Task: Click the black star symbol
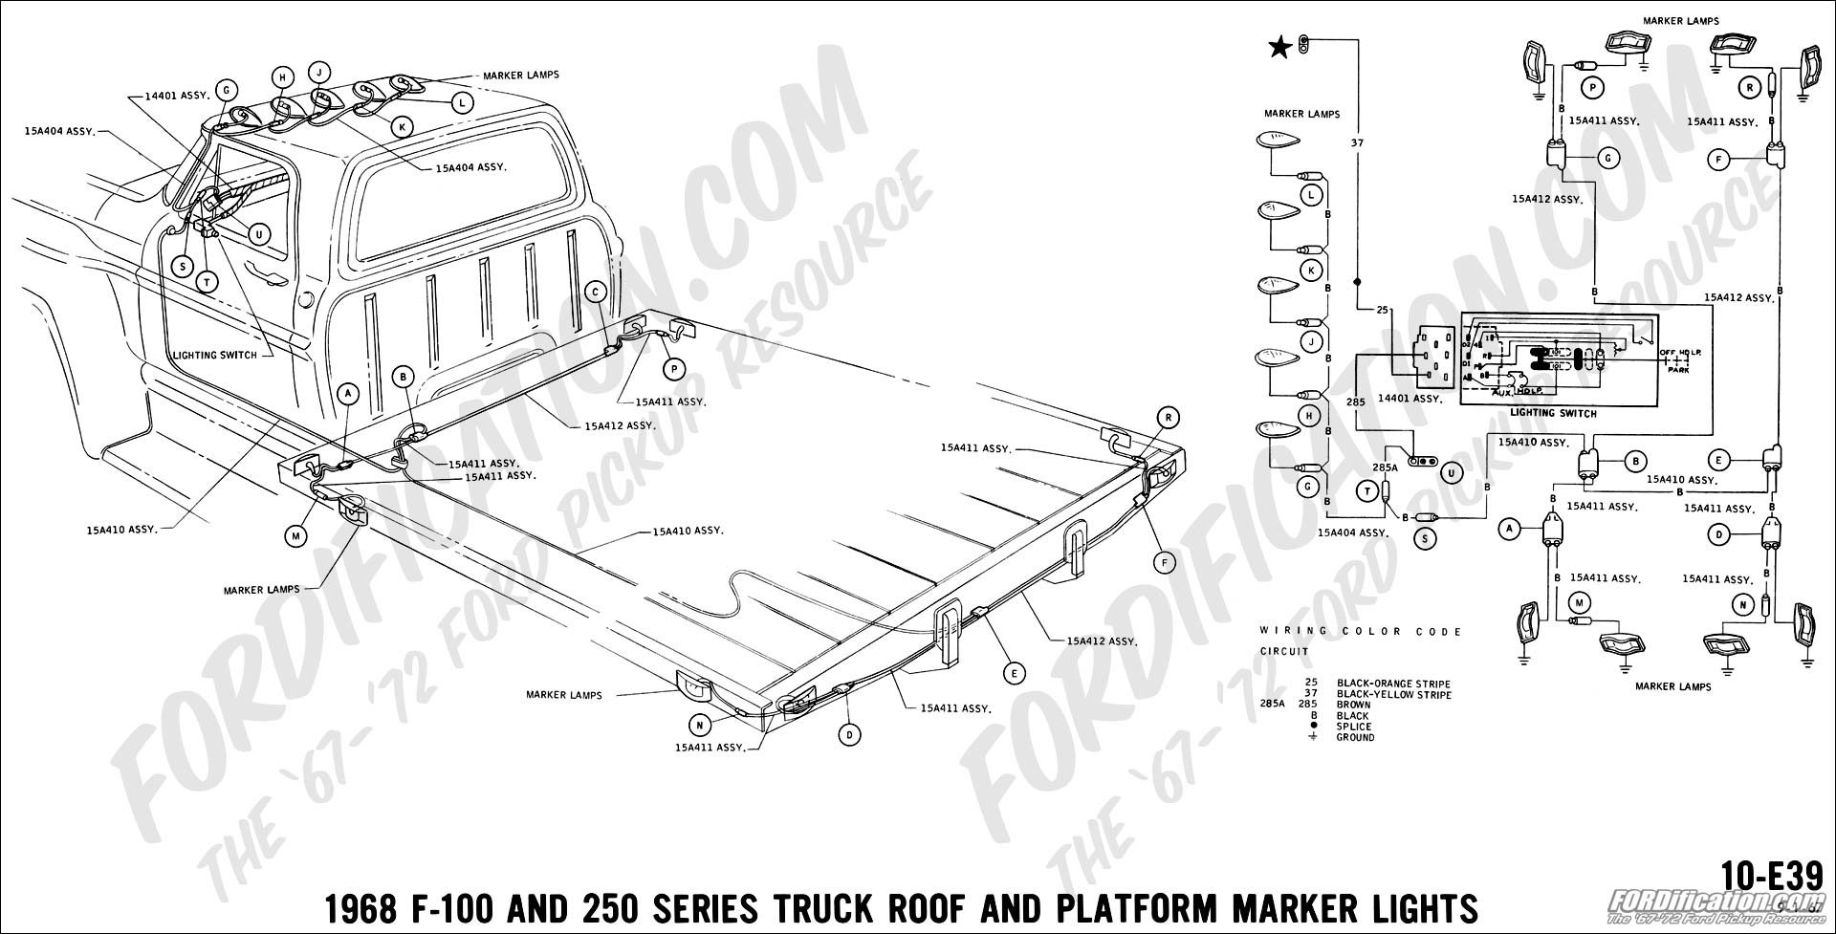coord(1277,45)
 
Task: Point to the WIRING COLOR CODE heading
coord(1361,632)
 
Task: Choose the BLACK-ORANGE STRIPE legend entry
coord(1393,684)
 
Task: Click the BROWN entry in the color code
coord(1353,706)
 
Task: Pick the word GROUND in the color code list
coord(1356,737)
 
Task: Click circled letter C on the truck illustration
coord(595,293)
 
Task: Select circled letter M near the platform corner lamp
coord(296,537)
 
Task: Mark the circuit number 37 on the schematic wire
coord(1356,143)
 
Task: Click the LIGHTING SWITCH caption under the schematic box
coord(1553,414)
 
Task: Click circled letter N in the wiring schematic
coord(1743,604)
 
